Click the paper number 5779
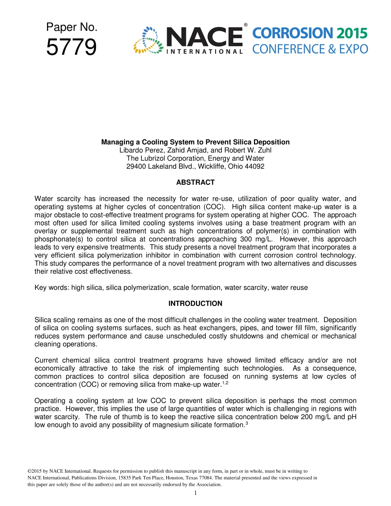72,47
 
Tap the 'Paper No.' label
72,27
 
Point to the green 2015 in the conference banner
351,33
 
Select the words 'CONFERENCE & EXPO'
310,49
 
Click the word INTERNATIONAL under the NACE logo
204,52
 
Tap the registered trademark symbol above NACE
246,25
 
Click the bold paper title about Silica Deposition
195,142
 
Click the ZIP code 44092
254,167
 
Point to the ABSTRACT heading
195,182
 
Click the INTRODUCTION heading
195,304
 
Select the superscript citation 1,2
225,383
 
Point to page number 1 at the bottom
195,493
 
